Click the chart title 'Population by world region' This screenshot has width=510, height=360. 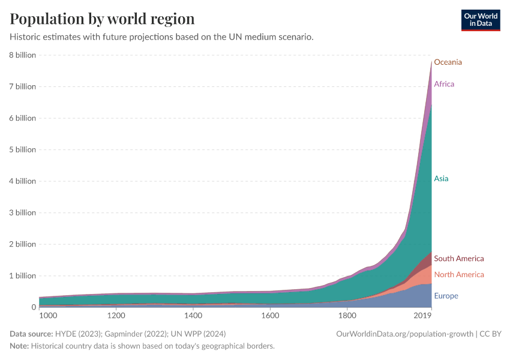[102, 19]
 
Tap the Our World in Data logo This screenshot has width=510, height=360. [480, 20]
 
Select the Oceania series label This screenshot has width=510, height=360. [448, 62]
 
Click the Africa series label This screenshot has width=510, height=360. [444, 84]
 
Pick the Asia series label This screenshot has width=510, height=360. [441, 179]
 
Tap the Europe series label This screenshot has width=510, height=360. [446, 296]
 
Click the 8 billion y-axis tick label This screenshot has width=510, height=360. [22, 55]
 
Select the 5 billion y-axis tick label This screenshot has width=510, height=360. [22, 149]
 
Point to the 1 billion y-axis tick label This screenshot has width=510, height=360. [22, 276]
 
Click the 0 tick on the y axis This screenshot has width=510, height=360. [34, 307]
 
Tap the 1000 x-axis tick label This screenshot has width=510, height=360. [47, 315]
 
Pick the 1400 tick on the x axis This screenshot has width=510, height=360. [193, 315]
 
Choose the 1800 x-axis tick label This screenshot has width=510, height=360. [347, 315]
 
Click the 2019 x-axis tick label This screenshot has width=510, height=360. [424, 315]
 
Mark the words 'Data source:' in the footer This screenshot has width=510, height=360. [31, 334]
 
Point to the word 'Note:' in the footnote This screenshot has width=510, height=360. [19, 346]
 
